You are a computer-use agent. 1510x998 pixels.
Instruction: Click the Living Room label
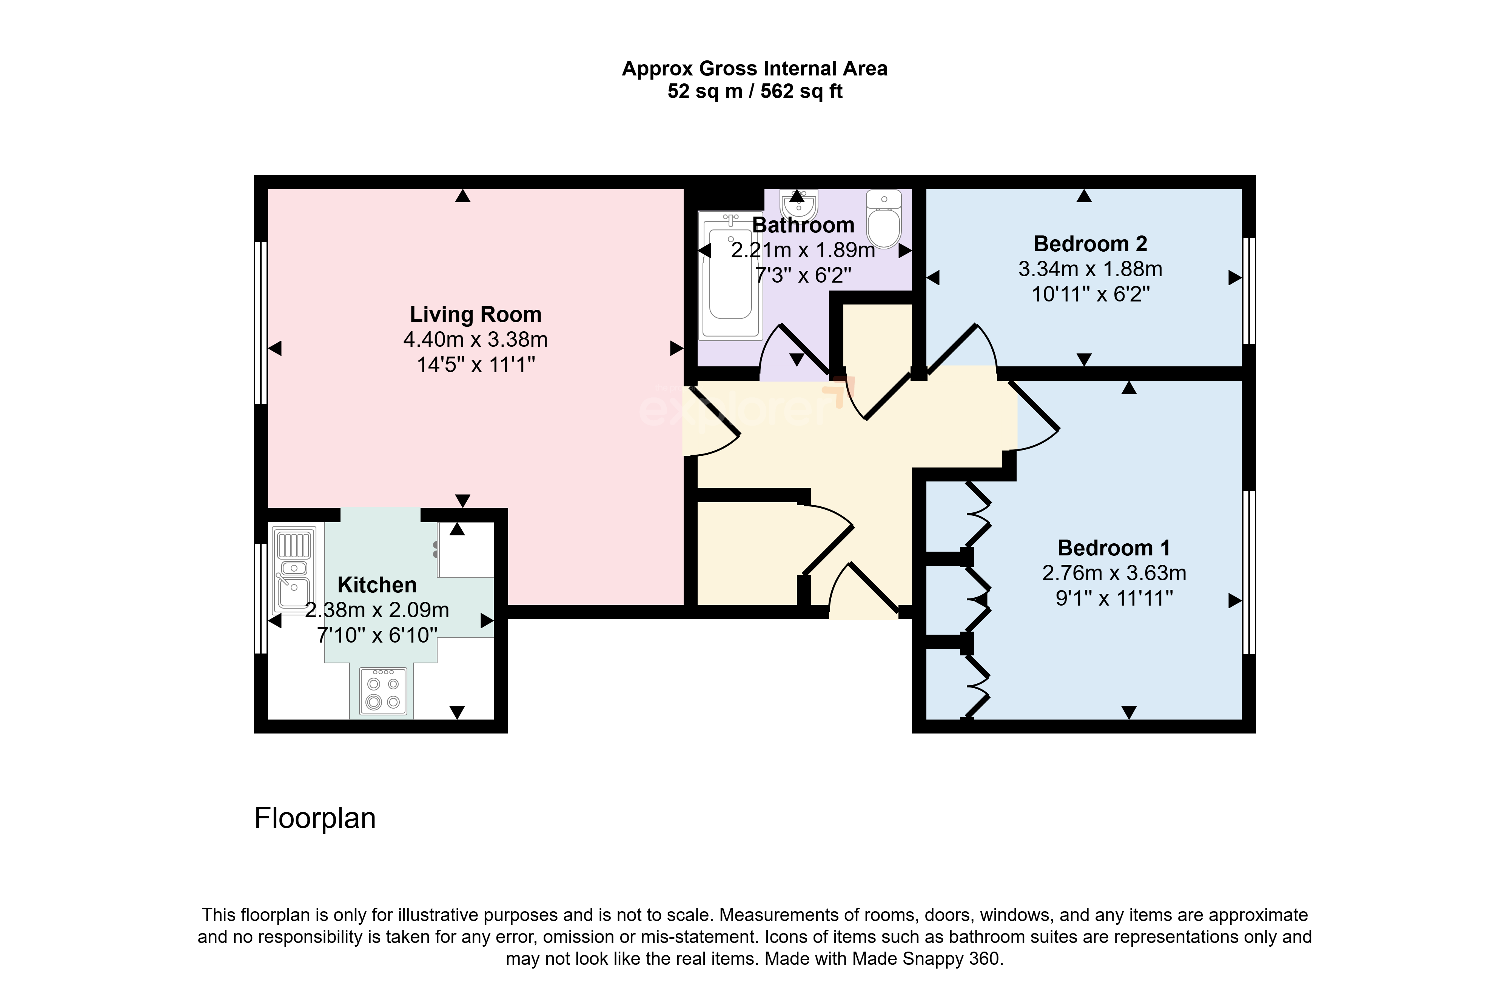[476, 314]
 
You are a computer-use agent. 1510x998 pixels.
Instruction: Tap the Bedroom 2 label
[1091, 244]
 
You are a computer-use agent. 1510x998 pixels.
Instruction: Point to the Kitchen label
[377, 585]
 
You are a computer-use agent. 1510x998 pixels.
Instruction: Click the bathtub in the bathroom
[730, 275]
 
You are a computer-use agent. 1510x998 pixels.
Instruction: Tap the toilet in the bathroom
[884, 220]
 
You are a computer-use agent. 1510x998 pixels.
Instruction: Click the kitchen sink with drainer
[293, 570]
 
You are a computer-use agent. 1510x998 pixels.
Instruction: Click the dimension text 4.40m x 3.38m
[476, 340]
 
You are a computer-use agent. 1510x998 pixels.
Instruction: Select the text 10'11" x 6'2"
[1091, 295]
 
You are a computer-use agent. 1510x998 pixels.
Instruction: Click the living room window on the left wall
[260, 323]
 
